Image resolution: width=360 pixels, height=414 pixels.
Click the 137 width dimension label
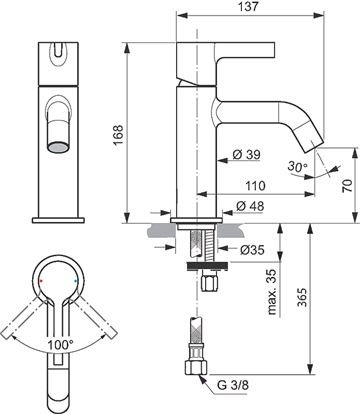click(x=249, y=6)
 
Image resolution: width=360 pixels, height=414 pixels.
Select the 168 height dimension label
click(x=118, y=135)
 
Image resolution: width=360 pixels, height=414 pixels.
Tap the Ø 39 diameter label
click(x=246, y=154)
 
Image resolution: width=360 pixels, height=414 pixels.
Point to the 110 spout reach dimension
click(x=255, y=186)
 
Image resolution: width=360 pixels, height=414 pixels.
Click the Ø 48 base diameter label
click(x=250, y=206)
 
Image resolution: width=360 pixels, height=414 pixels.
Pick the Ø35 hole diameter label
click(x=252, y=249)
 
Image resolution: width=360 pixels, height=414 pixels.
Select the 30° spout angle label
click(x=297, y=166)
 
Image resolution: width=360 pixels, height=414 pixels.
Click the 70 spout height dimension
click(x=347, y=186)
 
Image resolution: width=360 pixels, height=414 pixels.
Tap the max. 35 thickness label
click(x=272, y=292)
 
